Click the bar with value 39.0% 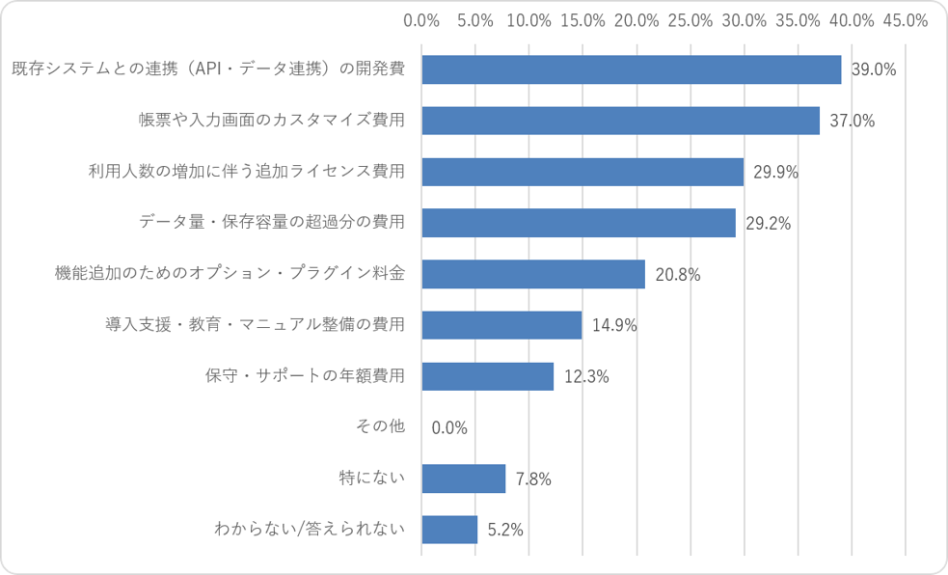click(x=631, y=69)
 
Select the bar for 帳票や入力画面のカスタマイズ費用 click(x=621, y=121)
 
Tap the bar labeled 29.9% click(x=582, y=172)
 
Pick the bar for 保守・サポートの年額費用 click(x=488, y=376)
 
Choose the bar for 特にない click(x=464, y=479)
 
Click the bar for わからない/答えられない click(x=449, y=530)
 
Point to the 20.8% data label click(x=678, y=275)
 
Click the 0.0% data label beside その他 click(x=449, y=428)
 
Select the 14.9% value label click(x=614, y=326)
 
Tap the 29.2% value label click(x=768, y=224)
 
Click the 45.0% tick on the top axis click(x=905, y=20)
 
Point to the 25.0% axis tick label click(x=691, y=20)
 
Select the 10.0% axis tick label click(x=529, y=20)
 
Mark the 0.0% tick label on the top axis click(x=421, y=20)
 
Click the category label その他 click(x=380, y=426)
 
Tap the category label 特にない click(x=372, y=478)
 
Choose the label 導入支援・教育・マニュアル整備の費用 click(x=256, y=325)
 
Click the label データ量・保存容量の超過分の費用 click(x=272, y=222)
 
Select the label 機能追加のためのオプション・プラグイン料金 click(x=230, y=273)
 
